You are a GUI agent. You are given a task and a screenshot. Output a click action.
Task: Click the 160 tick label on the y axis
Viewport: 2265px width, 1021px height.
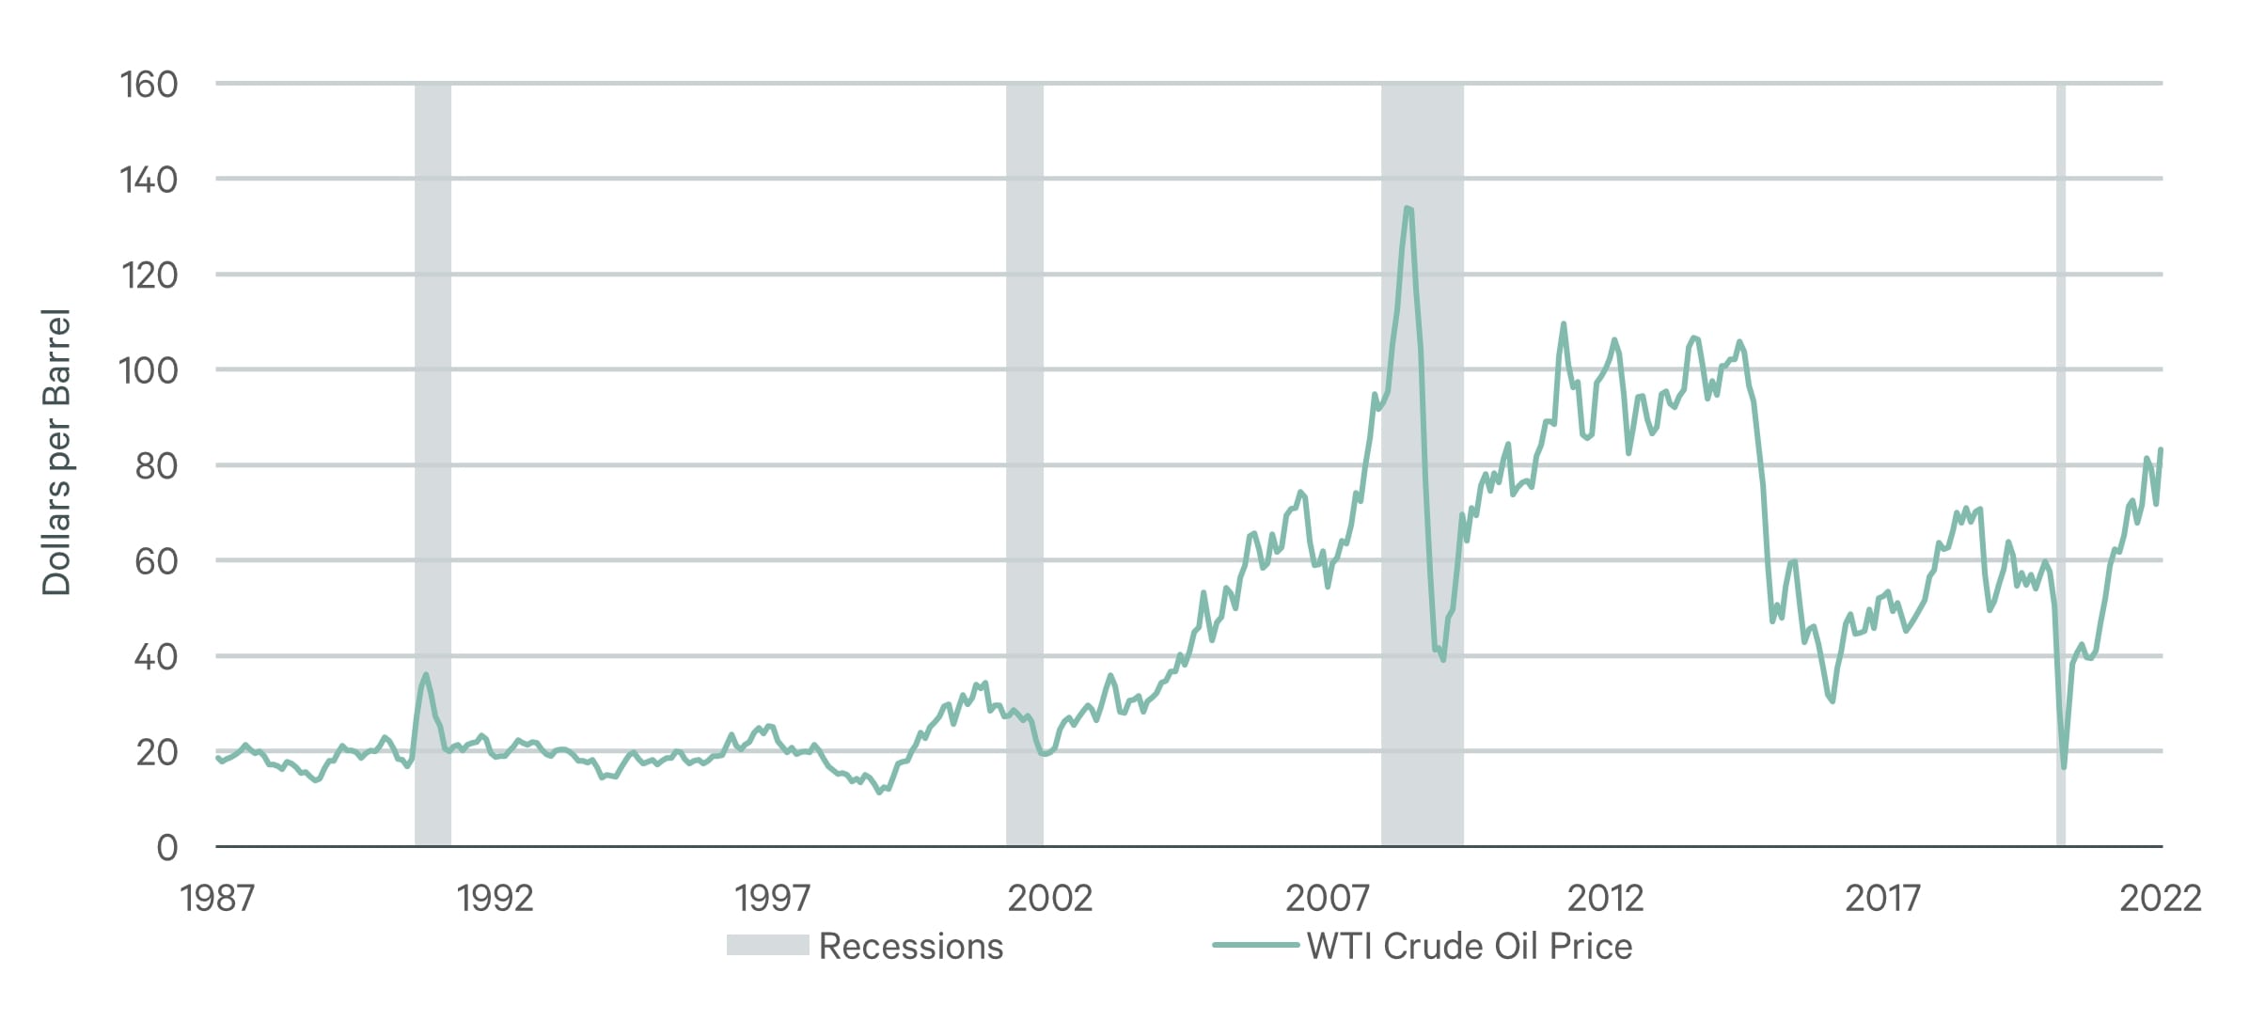click(149, 85)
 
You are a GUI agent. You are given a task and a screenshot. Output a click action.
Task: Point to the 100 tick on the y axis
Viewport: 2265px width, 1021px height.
click(149, 370)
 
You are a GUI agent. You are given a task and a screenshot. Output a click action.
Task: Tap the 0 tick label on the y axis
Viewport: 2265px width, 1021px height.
click(166, 848)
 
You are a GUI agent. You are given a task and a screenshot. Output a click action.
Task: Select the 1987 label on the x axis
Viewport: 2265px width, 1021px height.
click(217, 899)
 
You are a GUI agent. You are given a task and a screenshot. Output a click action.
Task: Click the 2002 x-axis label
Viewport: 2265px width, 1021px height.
click(1049, 899)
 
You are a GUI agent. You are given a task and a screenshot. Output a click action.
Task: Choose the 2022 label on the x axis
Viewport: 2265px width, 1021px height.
click(2160, 899)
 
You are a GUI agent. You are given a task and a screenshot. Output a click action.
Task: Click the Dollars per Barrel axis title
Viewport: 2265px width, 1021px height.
click(56, 451)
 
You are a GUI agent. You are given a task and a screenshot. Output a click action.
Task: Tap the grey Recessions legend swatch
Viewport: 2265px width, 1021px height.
click(767, 945)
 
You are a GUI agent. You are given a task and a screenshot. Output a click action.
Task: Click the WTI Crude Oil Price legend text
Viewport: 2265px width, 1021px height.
click(1469, 946)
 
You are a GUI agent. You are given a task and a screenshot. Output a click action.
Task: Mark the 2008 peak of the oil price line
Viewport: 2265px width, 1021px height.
click(1407, 208)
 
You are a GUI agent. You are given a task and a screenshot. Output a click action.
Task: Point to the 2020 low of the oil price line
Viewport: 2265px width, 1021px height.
click(2064, 767)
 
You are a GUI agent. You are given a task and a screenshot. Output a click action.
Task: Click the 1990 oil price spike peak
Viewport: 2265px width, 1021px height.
click(426, 674)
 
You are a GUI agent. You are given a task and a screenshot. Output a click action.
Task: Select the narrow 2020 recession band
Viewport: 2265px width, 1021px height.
click(2060, 470)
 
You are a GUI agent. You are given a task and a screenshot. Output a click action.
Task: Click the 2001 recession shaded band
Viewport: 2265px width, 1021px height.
click(1024, 470)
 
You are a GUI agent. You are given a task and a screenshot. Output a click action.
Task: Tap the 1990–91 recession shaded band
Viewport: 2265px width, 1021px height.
click(433, 470)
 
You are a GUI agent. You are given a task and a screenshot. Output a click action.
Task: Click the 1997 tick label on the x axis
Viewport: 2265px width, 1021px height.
click(772, 899)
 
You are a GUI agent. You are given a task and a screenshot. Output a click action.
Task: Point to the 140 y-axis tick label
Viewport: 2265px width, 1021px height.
click(149, 180)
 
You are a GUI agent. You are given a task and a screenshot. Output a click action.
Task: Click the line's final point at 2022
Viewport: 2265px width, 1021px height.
click(2161, 449)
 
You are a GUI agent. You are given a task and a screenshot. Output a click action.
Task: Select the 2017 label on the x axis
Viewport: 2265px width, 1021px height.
click(1882, 899)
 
